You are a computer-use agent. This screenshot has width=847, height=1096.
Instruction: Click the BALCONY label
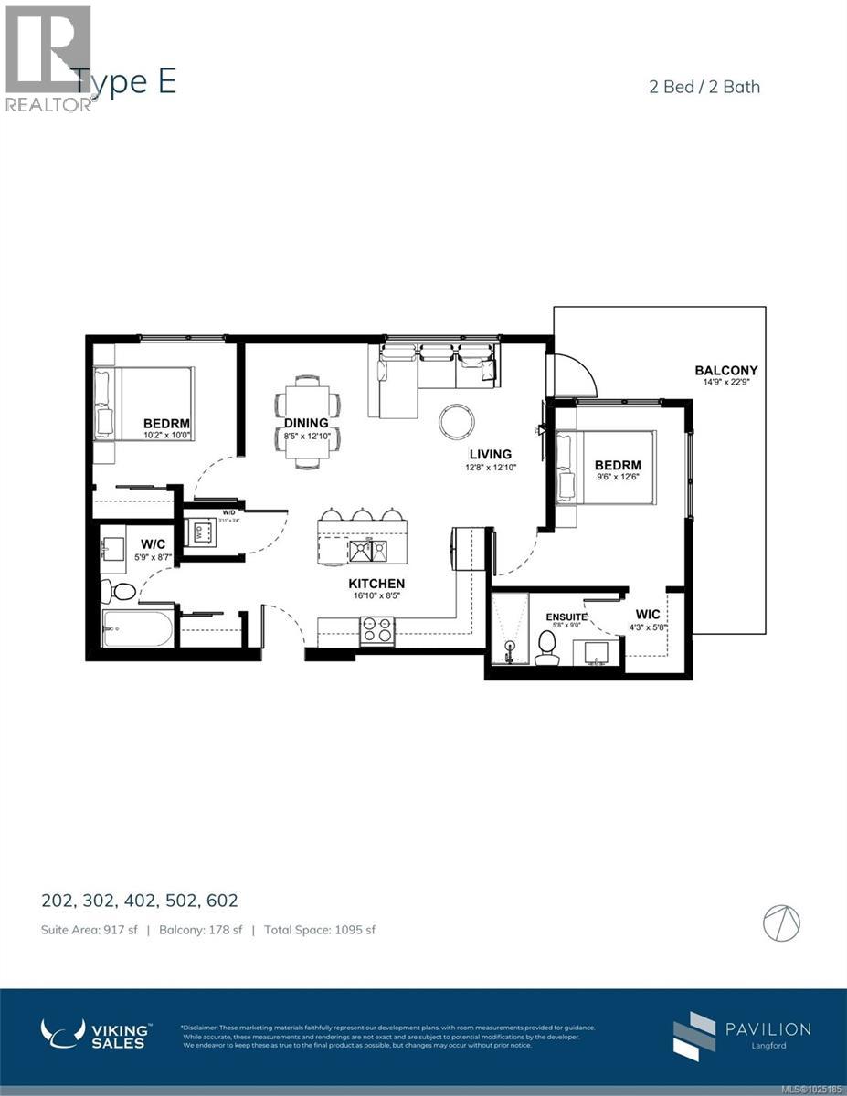725,370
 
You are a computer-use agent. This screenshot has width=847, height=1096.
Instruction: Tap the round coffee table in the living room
457,421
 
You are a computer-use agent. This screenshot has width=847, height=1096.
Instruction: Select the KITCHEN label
376,584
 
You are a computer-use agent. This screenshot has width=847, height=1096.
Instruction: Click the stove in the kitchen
377,630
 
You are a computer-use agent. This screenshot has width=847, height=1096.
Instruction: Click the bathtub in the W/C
138,628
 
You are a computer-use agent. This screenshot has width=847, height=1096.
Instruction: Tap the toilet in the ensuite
547,648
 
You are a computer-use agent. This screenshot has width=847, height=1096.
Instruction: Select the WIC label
648,615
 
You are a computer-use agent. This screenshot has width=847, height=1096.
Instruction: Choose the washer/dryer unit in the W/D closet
199,531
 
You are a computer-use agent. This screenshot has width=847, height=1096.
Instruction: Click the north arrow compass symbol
782,923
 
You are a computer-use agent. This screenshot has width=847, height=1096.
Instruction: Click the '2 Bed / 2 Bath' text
702,87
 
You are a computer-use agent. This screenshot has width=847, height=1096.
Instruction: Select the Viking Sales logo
96,1034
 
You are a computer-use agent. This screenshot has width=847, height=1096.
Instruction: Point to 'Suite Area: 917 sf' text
89,930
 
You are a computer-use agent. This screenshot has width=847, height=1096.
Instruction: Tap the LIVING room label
490,454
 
